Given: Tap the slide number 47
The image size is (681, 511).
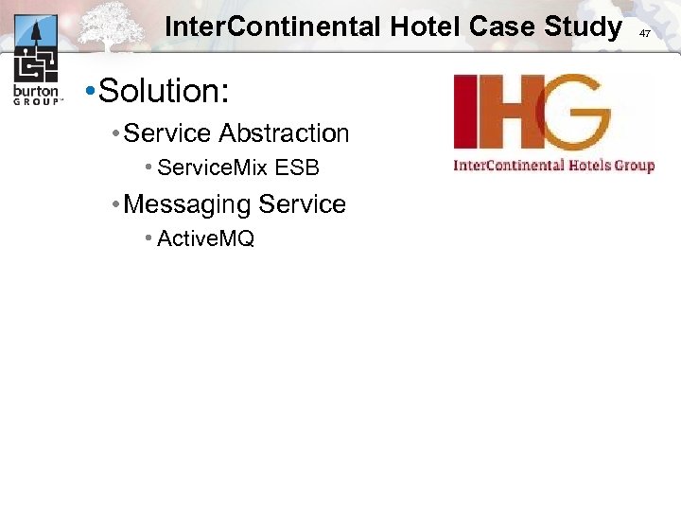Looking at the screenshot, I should tap(645, 33).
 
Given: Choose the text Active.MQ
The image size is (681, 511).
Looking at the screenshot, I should tap(205, 238).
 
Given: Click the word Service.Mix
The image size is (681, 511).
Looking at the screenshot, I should tap(213, 168).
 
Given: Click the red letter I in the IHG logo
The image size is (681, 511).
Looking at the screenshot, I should tap(464, 112).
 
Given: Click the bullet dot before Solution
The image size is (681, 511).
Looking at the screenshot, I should tap(88, 93).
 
